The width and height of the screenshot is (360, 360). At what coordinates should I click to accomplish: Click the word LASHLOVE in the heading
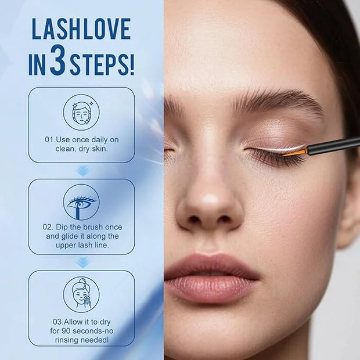(81, 28)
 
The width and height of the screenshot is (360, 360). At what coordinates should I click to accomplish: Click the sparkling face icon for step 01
(81, 113)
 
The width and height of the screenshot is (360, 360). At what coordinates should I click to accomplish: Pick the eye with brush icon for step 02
(81, 202)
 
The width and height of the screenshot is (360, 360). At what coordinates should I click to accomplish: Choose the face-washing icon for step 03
(81, 294)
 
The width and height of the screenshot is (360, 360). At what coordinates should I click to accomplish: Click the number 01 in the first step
(49, 139)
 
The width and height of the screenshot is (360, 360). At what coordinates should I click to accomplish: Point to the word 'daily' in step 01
(99, 139)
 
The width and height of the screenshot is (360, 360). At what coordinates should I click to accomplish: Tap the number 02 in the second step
(48, 227)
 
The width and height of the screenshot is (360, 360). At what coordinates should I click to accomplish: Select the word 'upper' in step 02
(64, 246)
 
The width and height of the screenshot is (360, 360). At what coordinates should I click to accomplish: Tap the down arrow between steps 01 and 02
(82, 171)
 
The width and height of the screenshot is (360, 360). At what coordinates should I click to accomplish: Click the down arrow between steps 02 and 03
(82, 262)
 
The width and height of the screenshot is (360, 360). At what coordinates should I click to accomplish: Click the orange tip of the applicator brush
(296, 152)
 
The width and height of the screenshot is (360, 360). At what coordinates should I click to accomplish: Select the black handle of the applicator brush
(333, 146)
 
